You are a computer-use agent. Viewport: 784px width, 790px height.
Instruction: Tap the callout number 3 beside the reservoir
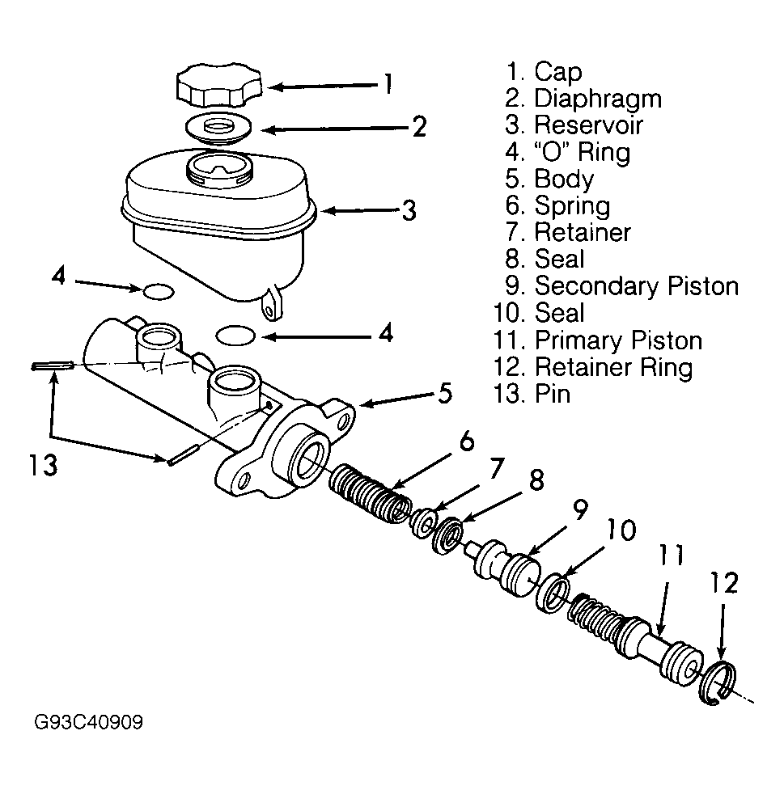(409, 210)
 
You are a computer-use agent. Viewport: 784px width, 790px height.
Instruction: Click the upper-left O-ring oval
(159, 292)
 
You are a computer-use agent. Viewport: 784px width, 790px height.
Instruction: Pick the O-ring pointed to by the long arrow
(235, 336)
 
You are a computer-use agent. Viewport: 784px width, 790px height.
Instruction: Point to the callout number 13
(43, 464)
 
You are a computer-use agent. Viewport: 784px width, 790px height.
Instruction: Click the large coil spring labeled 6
(371, 493)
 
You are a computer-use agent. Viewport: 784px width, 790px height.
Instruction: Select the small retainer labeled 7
(422, 523)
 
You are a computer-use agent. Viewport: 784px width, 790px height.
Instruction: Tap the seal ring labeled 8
(447, 535)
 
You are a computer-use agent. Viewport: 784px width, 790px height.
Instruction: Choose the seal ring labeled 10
(553, 593)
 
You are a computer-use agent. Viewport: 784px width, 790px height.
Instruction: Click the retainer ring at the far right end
(718, 682)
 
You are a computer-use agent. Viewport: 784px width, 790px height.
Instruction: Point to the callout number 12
(724, 584)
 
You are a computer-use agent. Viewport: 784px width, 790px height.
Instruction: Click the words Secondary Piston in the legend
(636, 285)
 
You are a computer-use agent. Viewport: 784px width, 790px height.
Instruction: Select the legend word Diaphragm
(598, 99)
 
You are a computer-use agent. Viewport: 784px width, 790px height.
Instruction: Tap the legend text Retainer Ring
(613, 367)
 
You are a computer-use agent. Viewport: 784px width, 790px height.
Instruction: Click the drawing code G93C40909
(89, 723)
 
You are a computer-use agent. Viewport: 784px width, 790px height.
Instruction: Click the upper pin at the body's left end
(53, 365)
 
